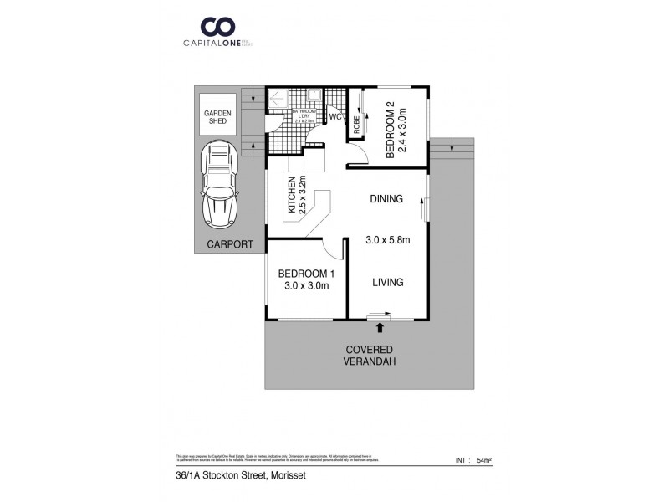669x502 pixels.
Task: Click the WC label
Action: [x=334, y=117]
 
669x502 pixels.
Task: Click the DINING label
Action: [x=386, y=199]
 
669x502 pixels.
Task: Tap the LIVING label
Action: [x=387, y=283]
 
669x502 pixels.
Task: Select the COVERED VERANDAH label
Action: [x=368, y=356]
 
